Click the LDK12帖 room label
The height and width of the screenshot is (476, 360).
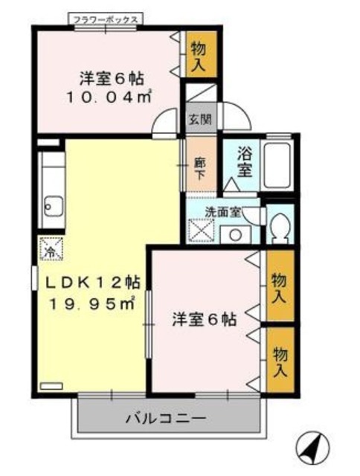pyautogui.click(x=95, y=283)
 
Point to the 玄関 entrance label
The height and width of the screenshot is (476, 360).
pyautogui.click(x=198, y=118)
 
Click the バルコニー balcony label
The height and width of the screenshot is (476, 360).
pyautogui.click(x=165, y=419)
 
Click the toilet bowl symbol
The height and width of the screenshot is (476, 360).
pyautogui.click(x=281, y=227)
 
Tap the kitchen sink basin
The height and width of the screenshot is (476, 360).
pyautogui.click(x=54, y=202)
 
